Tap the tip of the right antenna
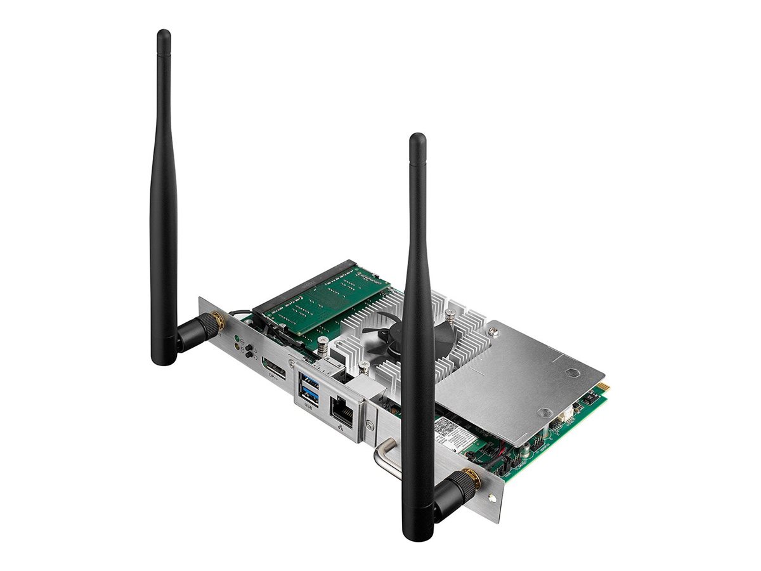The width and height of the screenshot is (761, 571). click(417, 138)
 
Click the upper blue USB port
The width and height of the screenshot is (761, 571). click(311, 379)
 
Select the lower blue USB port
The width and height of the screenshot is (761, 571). click(311, 393)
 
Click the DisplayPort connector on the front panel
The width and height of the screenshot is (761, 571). click(274, 367)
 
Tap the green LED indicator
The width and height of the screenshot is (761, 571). click(237, 338)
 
